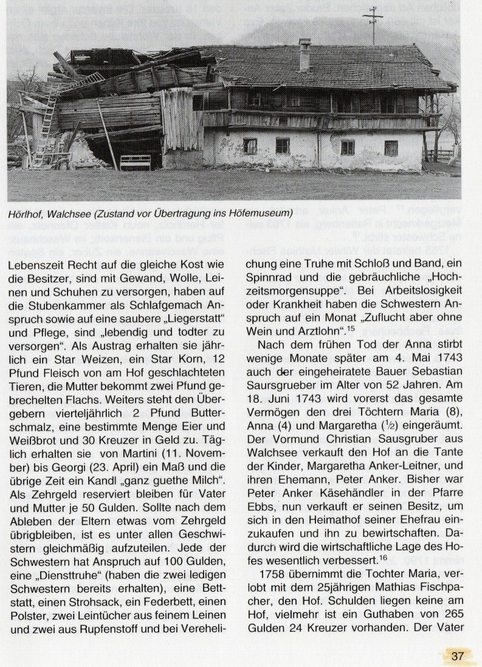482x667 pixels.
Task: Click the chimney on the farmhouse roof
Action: click(x=305, y=54)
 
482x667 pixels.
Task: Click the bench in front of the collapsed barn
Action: click(x=136, y=162)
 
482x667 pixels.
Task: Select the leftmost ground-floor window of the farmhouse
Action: click(x=250, y=146)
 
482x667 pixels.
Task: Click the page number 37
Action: click(x=458, y=656)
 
